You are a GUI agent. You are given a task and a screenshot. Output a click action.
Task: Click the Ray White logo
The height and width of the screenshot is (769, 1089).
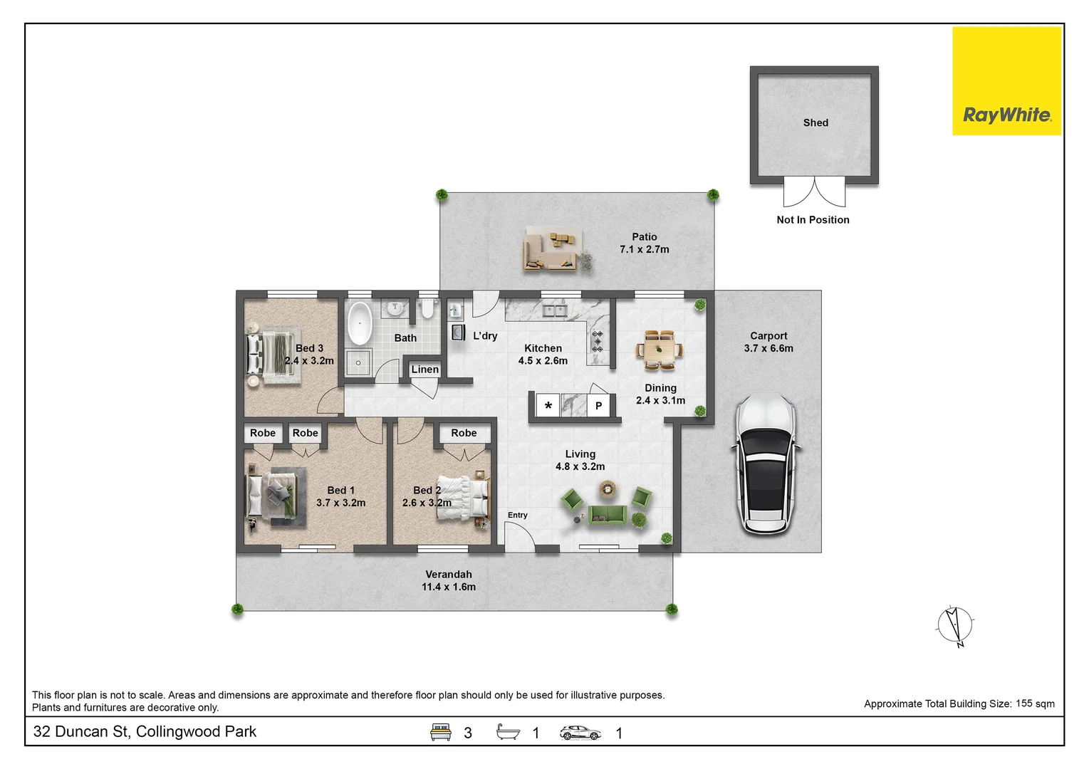pos(1006,81)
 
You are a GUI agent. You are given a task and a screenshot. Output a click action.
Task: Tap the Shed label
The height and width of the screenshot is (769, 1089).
pos(816,122)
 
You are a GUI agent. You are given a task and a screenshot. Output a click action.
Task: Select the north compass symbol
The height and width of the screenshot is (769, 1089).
pos(955,626)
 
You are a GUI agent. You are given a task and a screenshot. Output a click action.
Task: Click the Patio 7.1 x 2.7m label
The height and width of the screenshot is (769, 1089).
pos(644,243)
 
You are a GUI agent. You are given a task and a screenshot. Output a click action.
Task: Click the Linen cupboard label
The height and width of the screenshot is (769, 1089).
pos(424,369)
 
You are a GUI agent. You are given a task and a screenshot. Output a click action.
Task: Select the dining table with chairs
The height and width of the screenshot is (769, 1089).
pos(659,350)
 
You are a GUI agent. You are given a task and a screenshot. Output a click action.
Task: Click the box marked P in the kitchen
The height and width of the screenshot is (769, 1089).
pos(598,405)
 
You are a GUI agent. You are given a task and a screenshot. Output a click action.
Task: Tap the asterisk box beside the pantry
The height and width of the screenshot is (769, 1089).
pos(548,406)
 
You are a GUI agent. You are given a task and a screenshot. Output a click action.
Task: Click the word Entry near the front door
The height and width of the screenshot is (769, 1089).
pos(517,515)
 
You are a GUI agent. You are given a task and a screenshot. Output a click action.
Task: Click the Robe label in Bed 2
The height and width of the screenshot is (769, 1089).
pos(464,432)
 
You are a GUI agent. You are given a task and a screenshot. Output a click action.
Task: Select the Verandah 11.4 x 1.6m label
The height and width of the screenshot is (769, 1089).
pos(448,580)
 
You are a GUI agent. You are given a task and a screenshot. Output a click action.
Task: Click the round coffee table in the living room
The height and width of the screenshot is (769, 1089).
pos(607,488)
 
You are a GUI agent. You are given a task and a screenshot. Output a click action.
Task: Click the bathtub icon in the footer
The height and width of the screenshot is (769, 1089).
pos(508,732)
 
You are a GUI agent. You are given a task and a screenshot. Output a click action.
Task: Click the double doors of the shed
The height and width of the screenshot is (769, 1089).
pos(814,192)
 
